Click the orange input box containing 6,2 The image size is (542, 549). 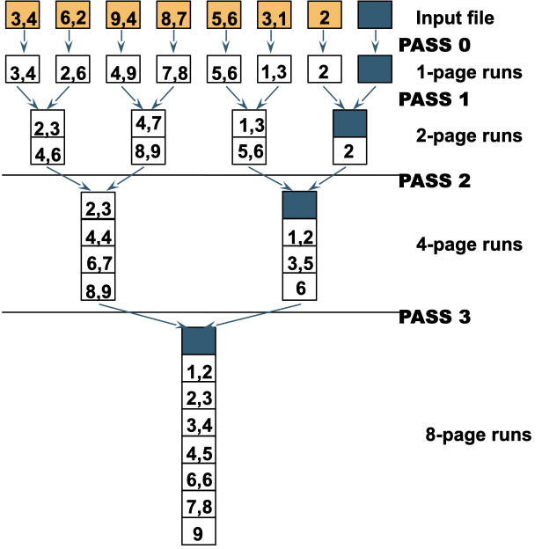pyautogui.click(x=73, y=15)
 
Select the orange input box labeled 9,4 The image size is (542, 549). pyautogui.click(x=123, y=15)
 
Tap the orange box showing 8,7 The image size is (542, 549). pyautogui.click(x=173, y=15)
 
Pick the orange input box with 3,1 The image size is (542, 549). pyautogui.click(x=275, y=15)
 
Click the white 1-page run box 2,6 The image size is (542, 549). pyautogui.click(x=73, y=70)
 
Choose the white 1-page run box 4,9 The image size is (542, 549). pyautogui.click(x=123, y=70)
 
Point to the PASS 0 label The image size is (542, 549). pyautogui.click(x=435, y=45)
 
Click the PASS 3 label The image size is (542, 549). pyautogui.click(x=435, y=317)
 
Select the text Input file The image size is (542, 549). pyautogui.click(x=455, y=18)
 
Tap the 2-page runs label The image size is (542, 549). pyautogui.click(x=469, y=135)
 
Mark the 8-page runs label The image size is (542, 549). pyautogui.click(x=479, y=435)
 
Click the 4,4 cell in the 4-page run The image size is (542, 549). pyautogui.click(x=98, y=233)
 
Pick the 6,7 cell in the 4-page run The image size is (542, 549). pyautogui.click(x=98, y=260)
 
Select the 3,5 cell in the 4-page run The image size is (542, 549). pyautogui.click(x=299, y=260)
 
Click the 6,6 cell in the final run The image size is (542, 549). pyautogui.click(x=199, y=477)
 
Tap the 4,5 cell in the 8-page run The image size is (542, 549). pyautogui.click(x=199, y=450)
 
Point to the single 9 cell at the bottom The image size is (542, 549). pyautogui.click(x=199, y=531)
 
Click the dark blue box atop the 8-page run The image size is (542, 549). pyautogui.click(x=199, y=340)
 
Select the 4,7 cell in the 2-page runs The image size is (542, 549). pyautogui.click(x=149, y=123)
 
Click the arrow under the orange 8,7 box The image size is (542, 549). pyautogui.click(x=173, y=41)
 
